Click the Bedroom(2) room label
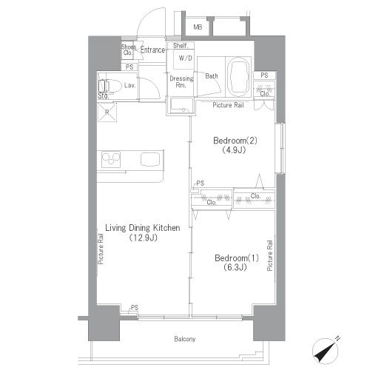pos(235,141)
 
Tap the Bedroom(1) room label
pos(237,258)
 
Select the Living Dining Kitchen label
pos(143,228)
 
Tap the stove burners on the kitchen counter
pos(111,159)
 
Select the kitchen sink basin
pos(150,159)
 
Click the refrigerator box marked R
pos(107,112)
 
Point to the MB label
pos(198,27)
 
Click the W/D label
pos(186,58)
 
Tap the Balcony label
pos(185,339)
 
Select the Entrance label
pos(152,50)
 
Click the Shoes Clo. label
pos(128,50)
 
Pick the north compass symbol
pos(326,350)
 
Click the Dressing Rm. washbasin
pos(182,105)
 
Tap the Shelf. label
pos(181,46)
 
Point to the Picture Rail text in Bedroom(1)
pos(270,255)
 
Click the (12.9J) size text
pos(144,238)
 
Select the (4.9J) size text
pos(234,150)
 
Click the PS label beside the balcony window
pos(135,308)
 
